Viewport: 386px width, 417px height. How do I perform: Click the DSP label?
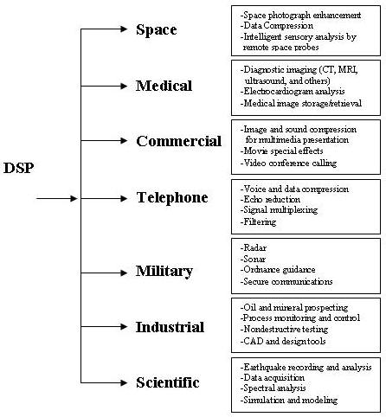19,168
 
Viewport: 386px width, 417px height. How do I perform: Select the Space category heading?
157,29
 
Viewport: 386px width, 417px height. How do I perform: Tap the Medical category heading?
164,86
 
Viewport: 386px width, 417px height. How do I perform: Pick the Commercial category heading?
179,141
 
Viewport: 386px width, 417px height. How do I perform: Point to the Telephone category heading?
172,198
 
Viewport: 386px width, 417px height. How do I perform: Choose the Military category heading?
164,272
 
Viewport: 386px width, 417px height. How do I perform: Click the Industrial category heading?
170,327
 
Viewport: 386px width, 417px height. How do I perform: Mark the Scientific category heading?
168,382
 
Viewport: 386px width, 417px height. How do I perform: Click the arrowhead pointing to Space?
124,29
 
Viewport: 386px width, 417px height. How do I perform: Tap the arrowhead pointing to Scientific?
124,382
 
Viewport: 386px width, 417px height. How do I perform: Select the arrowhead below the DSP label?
74,198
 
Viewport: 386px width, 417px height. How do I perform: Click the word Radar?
254,247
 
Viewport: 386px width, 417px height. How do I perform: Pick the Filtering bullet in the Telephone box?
258,221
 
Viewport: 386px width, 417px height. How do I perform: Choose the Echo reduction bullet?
270,199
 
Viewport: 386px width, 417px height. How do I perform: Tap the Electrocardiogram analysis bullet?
293,92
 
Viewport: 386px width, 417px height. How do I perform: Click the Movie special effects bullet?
281,151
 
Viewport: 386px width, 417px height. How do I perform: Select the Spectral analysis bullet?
273,388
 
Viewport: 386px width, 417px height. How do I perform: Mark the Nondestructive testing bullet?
284,329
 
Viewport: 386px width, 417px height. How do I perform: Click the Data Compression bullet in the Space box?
277,26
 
